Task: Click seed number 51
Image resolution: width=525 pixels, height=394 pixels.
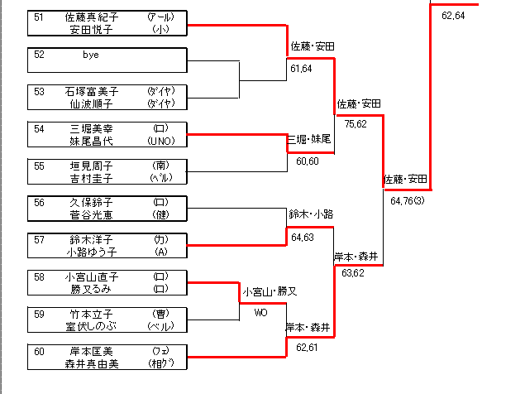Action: [40, 17]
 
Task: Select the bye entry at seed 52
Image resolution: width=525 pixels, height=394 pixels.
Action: [91, 55]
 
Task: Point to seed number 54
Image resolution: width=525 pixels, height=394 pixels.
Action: [40, 129]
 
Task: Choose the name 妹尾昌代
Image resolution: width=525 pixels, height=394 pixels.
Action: [92, 142]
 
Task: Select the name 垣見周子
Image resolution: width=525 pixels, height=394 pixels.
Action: [92, 166]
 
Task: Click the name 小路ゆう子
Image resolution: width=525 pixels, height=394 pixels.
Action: [92, 252]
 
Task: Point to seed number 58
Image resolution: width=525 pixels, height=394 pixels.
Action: [40, 277]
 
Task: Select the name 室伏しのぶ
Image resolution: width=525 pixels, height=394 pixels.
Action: [92, 326]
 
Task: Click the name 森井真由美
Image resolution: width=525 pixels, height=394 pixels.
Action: [92, 363]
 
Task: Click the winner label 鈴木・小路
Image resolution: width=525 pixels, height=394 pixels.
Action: [311, 214]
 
